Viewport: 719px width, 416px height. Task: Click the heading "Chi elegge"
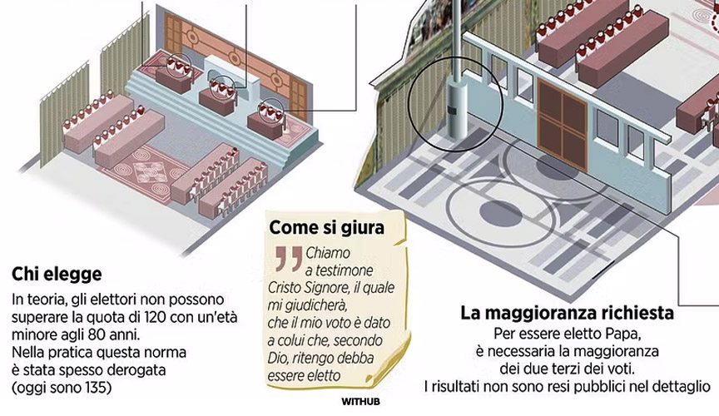[x=57, y=273]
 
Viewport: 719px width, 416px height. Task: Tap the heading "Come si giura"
[x=327, y=227]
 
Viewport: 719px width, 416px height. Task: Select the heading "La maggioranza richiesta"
[x=567, y=314]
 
